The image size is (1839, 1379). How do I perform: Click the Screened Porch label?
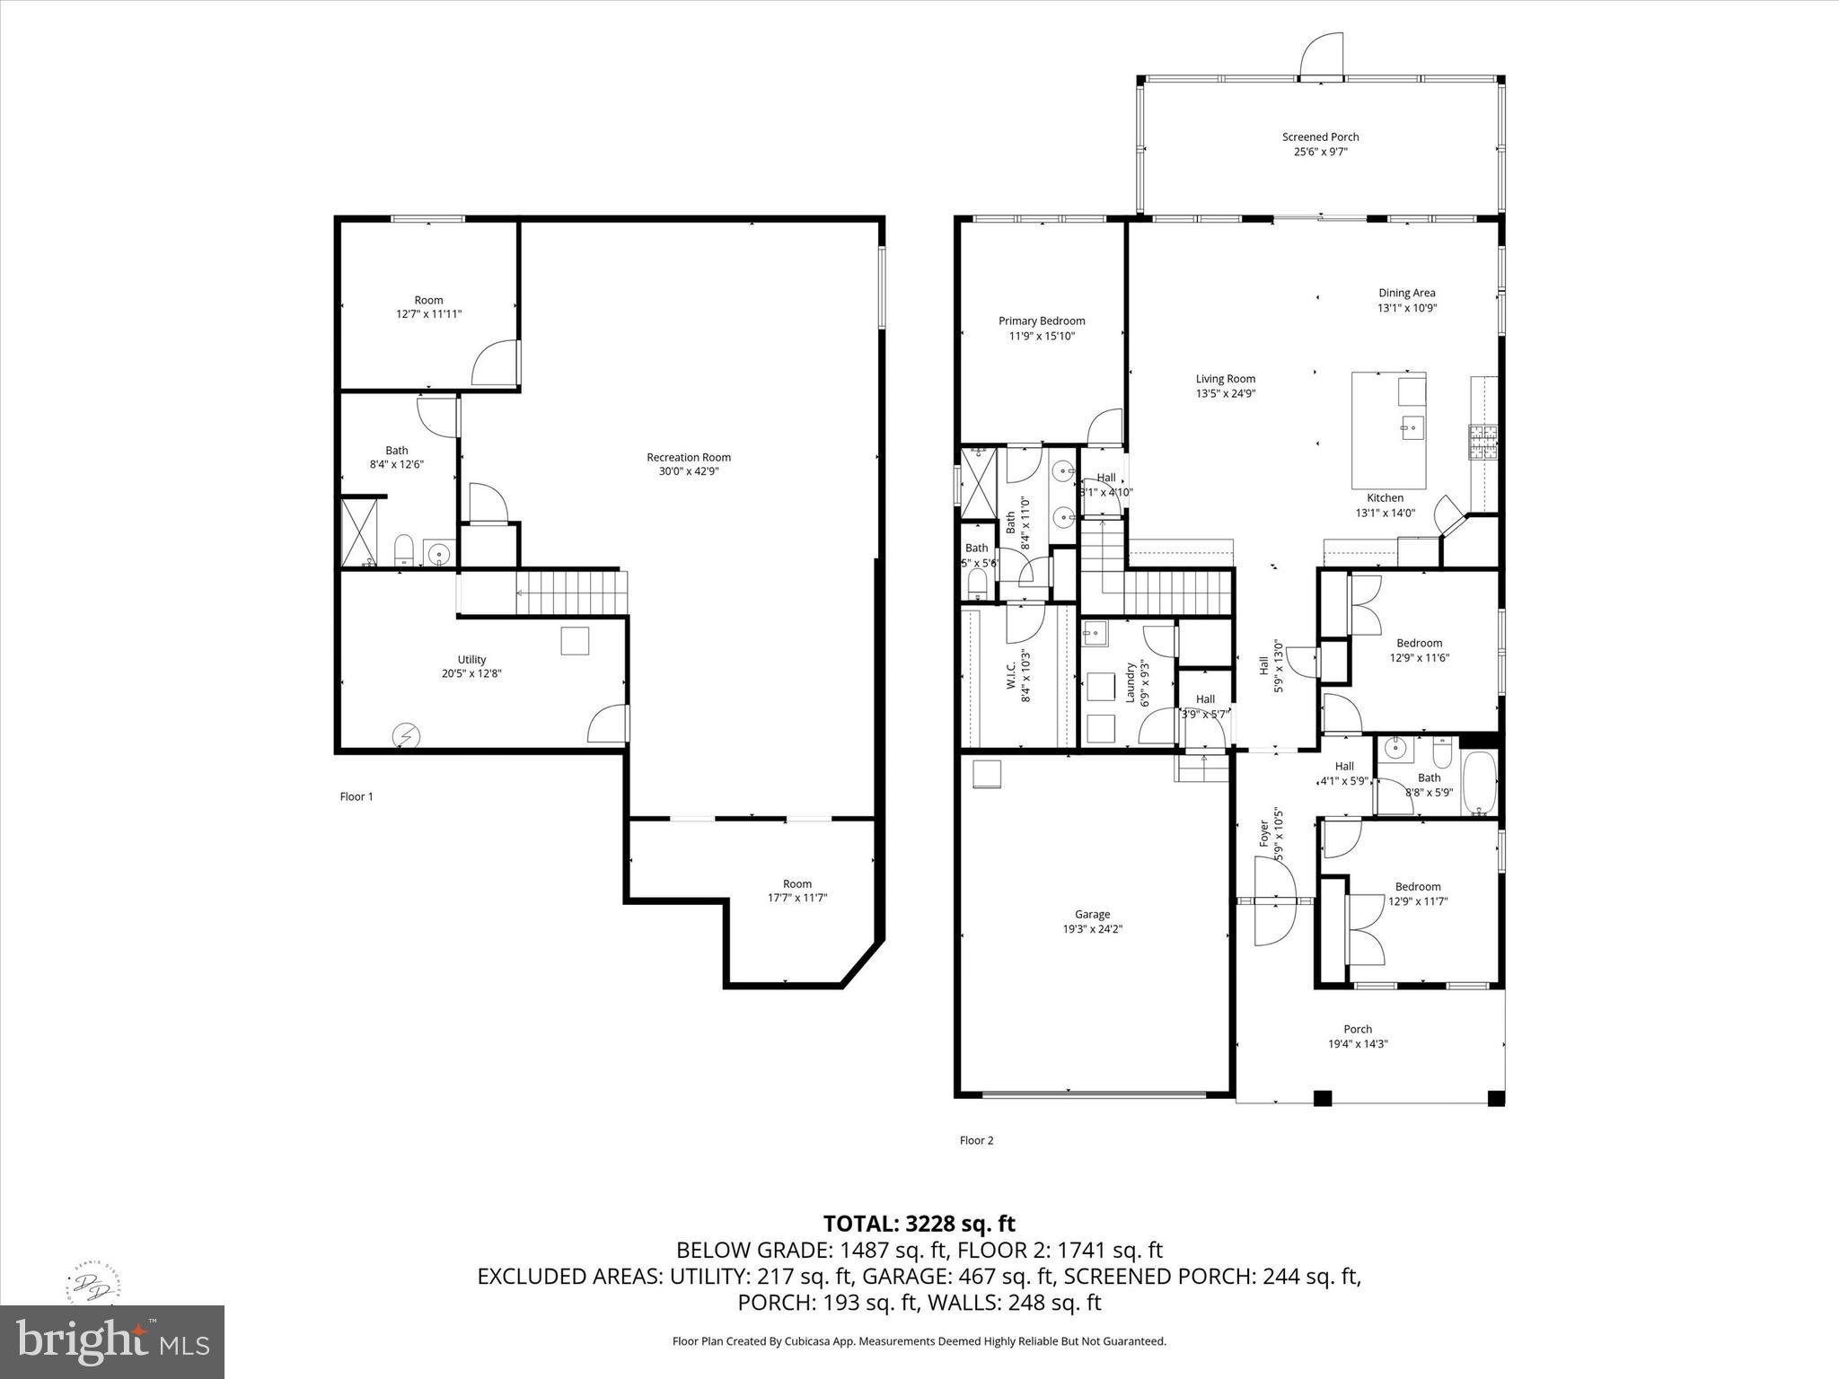[x=1320, y=137]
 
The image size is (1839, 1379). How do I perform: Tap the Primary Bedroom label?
[x=1042, y=321]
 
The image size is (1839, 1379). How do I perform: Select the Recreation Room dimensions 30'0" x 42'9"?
[x=689, y=471]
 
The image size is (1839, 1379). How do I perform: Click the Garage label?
[x=1092, y=915]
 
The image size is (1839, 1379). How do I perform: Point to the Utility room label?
[x=471, y=660]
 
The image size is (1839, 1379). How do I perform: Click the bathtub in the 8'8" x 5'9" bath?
[x=1479, y=782]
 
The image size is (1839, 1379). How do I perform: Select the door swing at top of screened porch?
[x=1322, y=56]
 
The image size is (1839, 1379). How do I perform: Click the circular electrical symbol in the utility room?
[x=406, y=737]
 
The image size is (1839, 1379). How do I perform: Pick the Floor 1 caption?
[x=356, y=796]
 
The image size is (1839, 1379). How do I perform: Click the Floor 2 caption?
[x=976, y=1140]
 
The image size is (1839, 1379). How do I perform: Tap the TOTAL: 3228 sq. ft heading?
[x=919, y=1224]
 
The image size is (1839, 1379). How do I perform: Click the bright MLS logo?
[x=112, y=1341]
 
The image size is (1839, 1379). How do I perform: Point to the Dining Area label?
[x=1406, y=293]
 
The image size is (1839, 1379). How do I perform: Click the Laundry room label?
[x=1131, y=682]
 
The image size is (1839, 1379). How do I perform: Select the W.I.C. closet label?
[x=1011, y=676]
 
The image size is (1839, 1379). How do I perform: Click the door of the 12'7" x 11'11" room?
[x=497, y=364]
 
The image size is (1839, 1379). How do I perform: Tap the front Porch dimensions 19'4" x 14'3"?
[x=1358, y=1044]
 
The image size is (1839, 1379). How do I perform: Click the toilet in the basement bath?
[x=404, y=549]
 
